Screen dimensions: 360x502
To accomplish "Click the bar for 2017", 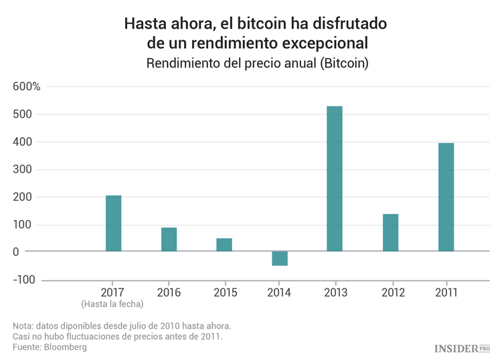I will coord(114,223).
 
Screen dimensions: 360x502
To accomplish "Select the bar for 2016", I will coord(169,240).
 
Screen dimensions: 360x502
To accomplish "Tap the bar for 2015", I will coord(224,245).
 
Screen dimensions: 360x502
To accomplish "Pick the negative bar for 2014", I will coord(280,258).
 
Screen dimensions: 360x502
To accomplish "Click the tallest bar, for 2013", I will coord(335,179).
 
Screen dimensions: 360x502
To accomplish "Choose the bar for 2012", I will coord(390,233).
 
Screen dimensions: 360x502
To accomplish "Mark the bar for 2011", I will coord(446,197).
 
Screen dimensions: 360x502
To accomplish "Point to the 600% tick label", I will coord(26,87).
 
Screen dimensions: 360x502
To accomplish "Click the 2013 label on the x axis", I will coord(335,292).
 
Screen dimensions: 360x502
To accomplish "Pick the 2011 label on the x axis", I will coord(446,292).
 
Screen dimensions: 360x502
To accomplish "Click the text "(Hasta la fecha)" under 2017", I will coord(113,304).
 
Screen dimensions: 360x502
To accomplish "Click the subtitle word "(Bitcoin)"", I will coord(345,64).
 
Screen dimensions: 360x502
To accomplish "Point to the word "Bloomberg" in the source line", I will coord(65,347).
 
